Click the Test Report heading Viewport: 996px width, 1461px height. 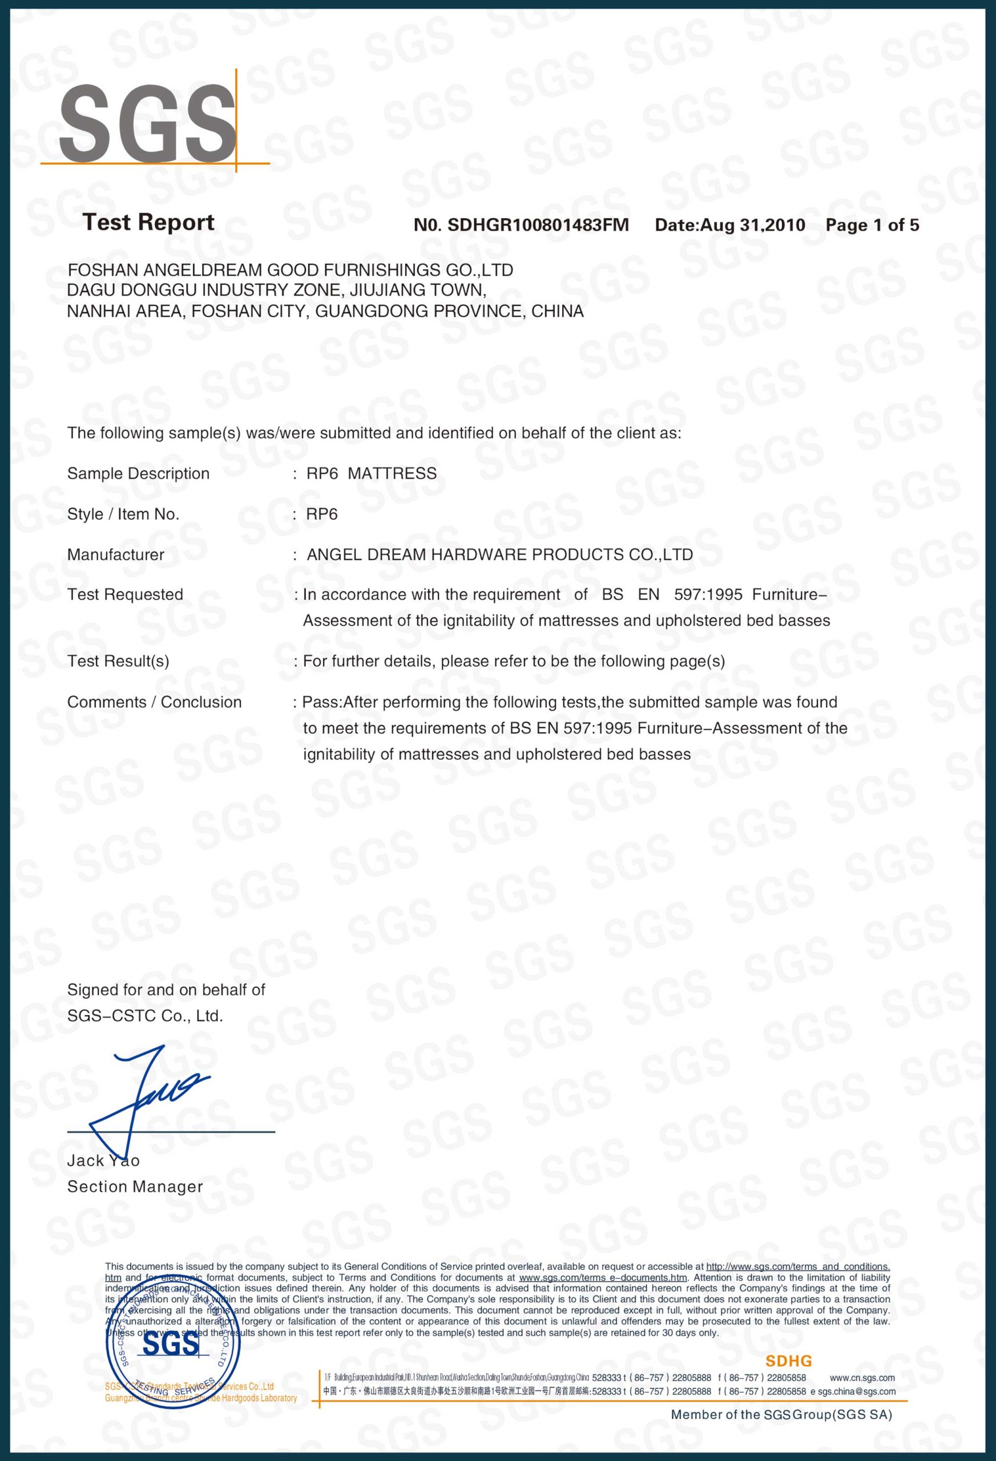click(x=148, y=223)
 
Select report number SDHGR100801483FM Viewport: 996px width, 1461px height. click(x=538, y=225)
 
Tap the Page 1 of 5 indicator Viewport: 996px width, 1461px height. click(x=872, y=225)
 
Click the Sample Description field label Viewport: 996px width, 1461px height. click(x=138, y=473)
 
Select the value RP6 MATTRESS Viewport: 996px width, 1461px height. click(x=371, y=473)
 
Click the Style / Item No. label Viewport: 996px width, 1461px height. click(x=123, y=514)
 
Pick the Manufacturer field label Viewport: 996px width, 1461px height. click(x=116, y=555)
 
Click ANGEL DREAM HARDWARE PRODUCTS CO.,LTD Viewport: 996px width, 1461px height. click(x=499, y=555)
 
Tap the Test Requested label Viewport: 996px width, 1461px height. click(x=125, y=595)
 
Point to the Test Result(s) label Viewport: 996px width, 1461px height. click(x=118, y=661)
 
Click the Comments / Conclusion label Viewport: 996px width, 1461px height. click(x=154, y=702)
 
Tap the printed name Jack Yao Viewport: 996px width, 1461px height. click(x=104, y=1160)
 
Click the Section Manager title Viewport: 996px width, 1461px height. click(x=135, y=1186)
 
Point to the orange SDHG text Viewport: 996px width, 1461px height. click(x=788, y=1362)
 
